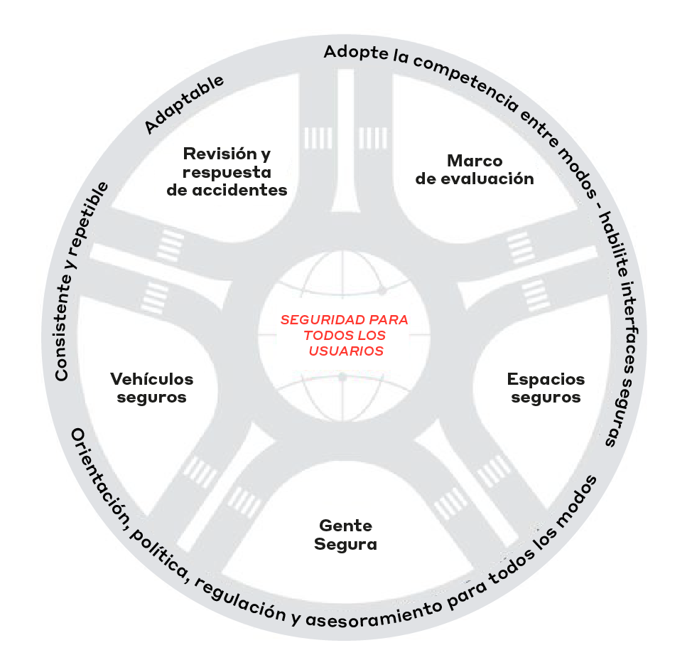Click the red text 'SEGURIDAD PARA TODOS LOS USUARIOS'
(x=345, y=336)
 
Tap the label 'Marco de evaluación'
(x=475, y=170)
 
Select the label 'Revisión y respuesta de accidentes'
(x=227, y=172)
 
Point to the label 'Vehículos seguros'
(x=152, y=388)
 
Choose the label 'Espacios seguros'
(x=546, y=388)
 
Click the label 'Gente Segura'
(x=345, y=535)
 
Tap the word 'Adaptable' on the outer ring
(x=184, y=104)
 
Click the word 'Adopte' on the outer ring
(x=356, y=53)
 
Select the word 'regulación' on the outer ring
(x=241, y=600)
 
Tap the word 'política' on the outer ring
(x=160, y=553)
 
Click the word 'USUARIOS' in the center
(x=346, y=351)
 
